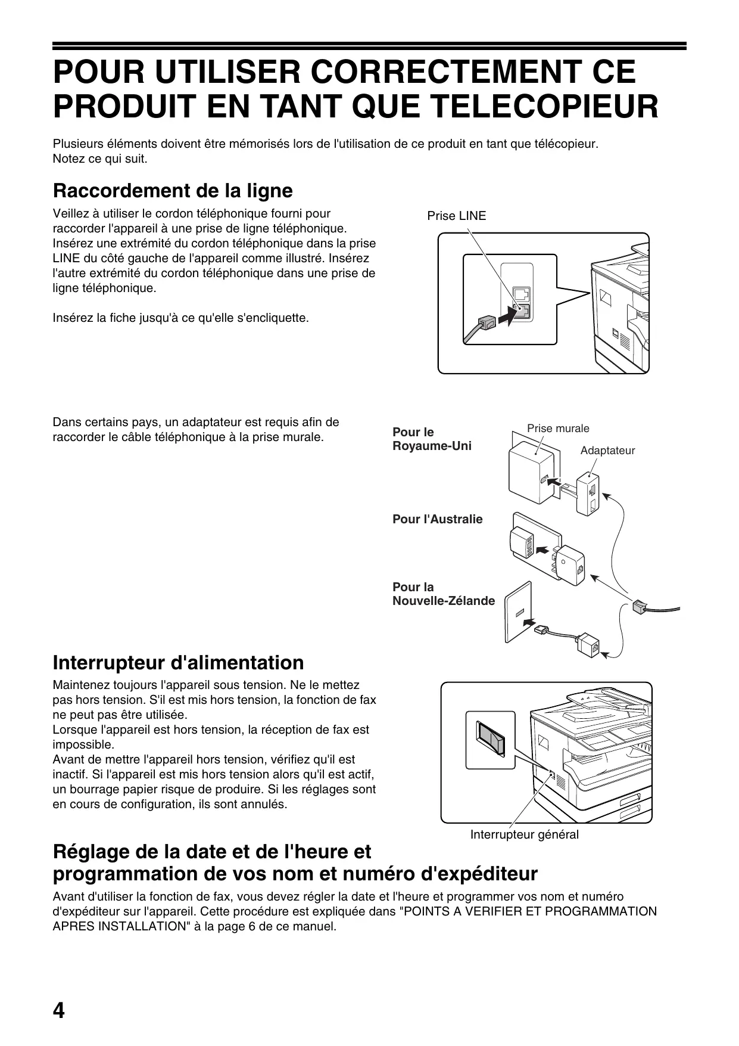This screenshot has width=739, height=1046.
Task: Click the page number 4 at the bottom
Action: click(x=59, y=1011)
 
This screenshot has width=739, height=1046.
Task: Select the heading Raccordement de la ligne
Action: click(x=173, y=191)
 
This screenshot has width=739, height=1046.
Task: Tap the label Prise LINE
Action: click(x=456, y=216)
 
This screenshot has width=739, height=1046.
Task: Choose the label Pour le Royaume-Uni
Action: click(x=432, y=439)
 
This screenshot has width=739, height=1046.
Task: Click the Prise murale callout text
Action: click(x=558, y=428)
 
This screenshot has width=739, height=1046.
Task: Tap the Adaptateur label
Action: click(x=607, y=450)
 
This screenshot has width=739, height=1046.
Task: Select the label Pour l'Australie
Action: click(x=437, y=519)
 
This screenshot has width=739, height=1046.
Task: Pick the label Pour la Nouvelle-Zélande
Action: click(x=443, y=594)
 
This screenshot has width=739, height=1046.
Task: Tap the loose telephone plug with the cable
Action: click(x=640, y=607)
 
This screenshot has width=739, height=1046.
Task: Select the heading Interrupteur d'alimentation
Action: click(x=178, y=663)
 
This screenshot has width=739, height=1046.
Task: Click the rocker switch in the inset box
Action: click(x=489, y=739)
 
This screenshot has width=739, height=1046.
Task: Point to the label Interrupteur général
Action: click(x=524, y=834)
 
